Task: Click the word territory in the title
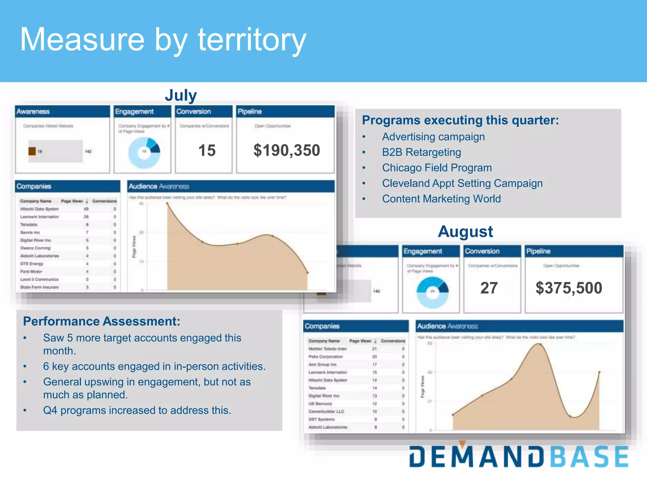tap(252, 40)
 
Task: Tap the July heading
tap(181, 95)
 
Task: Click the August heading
tap(465, 231)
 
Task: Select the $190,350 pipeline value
tap(287, 150)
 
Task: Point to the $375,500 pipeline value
tap(569, 288)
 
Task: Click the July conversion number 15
tap(207, 150)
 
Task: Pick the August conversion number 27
tap(489, 288)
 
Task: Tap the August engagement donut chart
tap(432, 292)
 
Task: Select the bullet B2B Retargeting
tap(421, 152)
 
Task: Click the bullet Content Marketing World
tap(441, 199)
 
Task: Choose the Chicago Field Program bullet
tap(437, 168)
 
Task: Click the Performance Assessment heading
tap(101, 321)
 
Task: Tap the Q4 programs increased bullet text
tap(137, 410)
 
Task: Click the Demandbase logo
tap(518, 456)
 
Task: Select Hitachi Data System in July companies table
tap(39, 209)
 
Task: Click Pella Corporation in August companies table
tap(325, 356)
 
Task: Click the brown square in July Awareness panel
tap(32, 151)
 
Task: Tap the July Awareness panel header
tap(62, 111)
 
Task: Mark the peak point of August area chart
tap(540, 344)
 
